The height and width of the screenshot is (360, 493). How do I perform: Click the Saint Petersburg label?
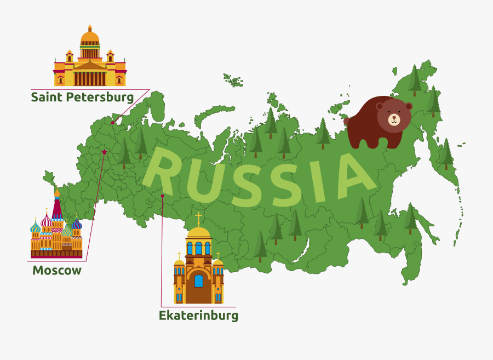click(82, 98)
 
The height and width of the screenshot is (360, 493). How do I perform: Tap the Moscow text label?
click(57, 270)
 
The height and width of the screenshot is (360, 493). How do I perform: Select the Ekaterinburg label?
click(198, 316)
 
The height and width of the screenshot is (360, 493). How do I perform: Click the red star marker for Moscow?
click(104, 152)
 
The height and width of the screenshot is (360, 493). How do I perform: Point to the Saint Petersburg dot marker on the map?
click(113, 123)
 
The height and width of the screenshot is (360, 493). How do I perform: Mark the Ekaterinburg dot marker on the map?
click(162, 196)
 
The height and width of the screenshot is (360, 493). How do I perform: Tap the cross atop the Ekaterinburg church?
click(198, 219)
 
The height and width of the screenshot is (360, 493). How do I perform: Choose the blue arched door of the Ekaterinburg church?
click(198, 281)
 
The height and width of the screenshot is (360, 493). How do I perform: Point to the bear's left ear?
click(380, 106)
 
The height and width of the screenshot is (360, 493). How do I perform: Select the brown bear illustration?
click(378, 124)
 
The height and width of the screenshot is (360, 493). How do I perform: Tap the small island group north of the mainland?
click(234, 81)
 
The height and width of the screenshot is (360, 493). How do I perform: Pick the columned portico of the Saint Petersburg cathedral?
click(89, 77)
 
